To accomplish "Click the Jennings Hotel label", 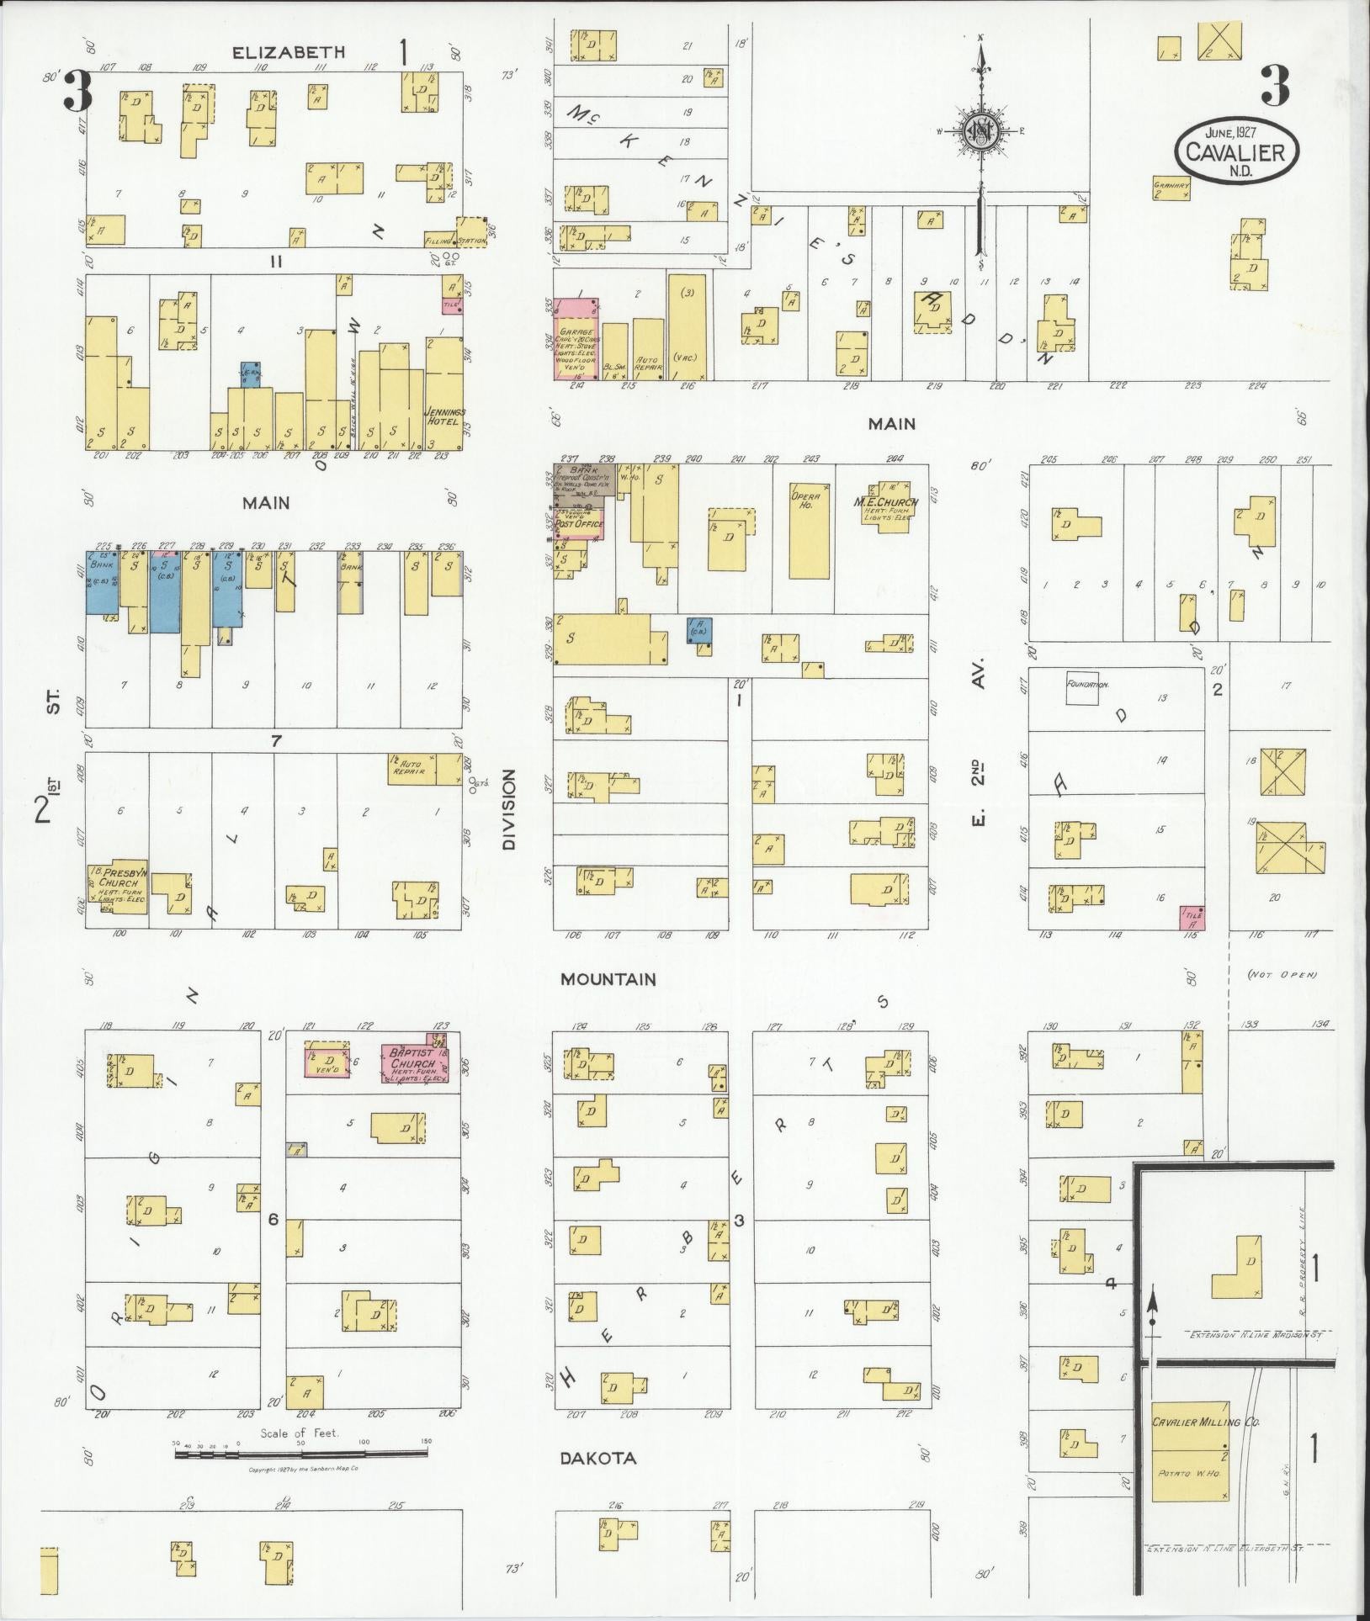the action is point(444,416).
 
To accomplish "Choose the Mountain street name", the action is point(608,979).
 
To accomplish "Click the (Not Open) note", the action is point(1282,975).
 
